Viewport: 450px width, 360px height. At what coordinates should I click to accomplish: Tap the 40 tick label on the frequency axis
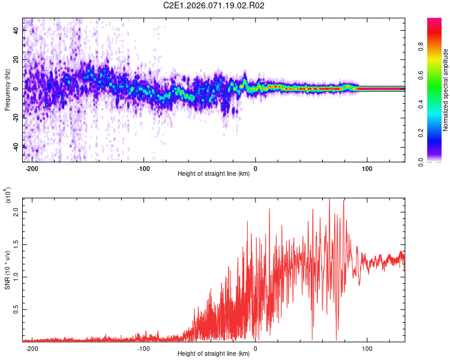pos(16,31)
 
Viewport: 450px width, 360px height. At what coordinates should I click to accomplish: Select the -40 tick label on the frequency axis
pos(16,146)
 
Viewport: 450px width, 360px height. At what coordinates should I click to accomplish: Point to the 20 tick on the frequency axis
pos(16,60)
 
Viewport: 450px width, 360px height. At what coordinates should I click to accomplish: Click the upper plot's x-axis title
pos(214,174)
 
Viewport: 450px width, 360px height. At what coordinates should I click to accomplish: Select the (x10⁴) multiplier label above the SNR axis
pos(7,196)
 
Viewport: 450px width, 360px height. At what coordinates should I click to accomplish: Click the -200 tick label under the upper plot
pos(32,169)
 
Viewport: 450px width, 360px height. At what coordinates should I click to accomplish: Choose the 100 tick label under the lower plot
pos(367,348)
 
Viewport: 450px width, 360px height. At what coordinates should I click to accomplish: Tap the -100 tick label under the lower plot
pos(144,348)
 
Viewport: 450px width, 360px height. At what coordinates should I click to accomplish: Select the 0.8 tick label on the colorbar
pos(438,47)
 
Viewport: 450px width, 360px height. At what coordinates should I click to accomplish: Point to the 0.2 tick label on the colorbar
pos(438,133)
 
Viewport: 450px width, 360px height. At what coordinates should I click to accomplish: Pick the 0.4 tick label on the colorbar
pos(438,104)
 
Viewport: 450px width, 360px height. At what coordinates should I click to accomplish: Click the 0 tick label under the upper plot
pos(256,169)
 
